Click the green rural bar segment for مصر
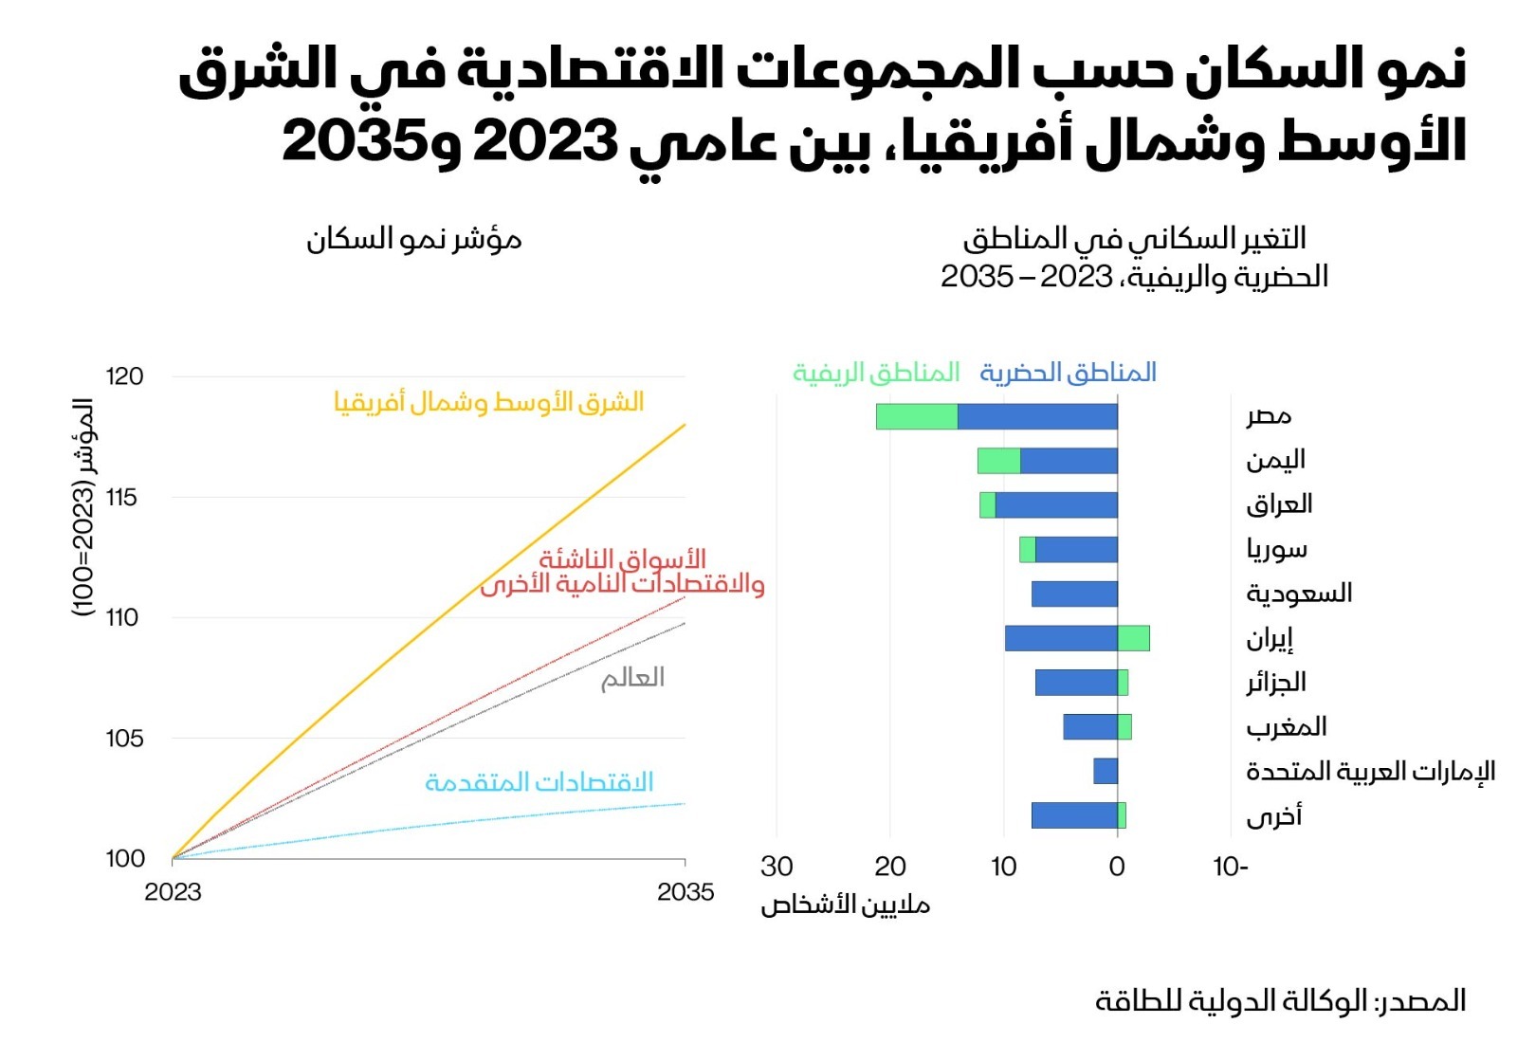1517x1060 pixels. (x=916, y=416)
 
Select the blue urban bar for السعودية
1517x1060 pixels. (x=1074, y=594)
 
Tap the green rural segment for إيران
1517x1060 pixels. (x=1134, y=638)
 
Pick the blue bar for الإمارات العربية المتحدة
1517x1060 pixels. (x=1106, y=771)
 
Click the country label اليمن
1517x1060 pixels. (x=1275, y=461)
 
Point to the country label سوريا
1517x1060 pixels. (x=1276, y=549)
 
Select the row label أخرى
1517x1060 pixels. (x=1273, y=816)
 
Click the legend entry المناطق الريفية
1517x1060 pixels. (x=876, y=373)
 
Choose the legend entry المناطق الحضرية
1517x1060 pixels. (x=1068, y=373)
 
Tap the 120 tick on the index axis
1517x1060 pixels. (x=124, y=376)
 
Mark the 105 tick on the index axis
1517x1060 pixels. (x=124, y=738)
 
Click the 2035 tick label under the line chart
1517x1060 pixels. (x=685, y=892)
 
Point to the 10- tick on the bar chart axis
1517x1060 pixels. (x=1231, y=867)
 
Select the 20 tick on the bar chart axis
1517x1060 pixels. (x=889, y=867)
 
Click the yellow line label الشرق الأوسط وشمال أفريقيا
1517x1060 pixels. (x=488, y=402)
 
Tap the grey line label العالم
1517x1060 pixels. (x=632, y=678)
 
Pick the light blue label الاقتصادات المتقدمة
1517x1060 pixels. (x=539, y=782)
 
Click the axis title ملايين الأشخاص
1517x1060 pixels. (x=845, y=905)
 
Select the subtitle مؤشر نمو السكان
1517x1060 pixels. (x=413, y=239)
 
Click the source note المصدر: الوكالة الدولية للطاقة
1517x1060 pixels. (x=1280, y=1001)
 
